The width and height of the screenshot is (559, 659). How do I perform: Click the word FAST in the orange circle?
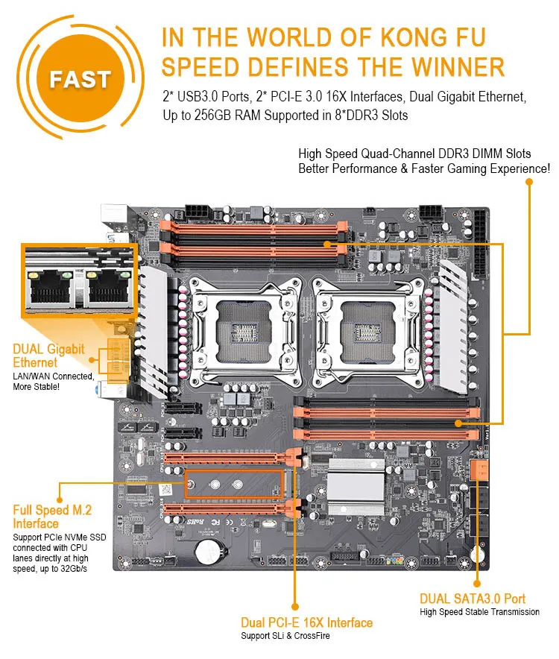click(80, 78)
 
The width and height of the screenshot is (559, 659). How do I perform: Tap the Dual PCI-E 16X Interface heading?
click(306, 622)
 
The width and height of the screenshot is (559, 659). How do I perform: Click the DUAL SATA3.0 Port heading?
click(472, 599)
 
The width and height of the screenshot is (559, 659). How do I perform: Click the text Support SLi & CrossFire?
click(284, 636)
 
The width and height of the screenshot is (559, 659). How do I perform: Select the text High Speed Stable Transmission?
click(479, 612)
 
